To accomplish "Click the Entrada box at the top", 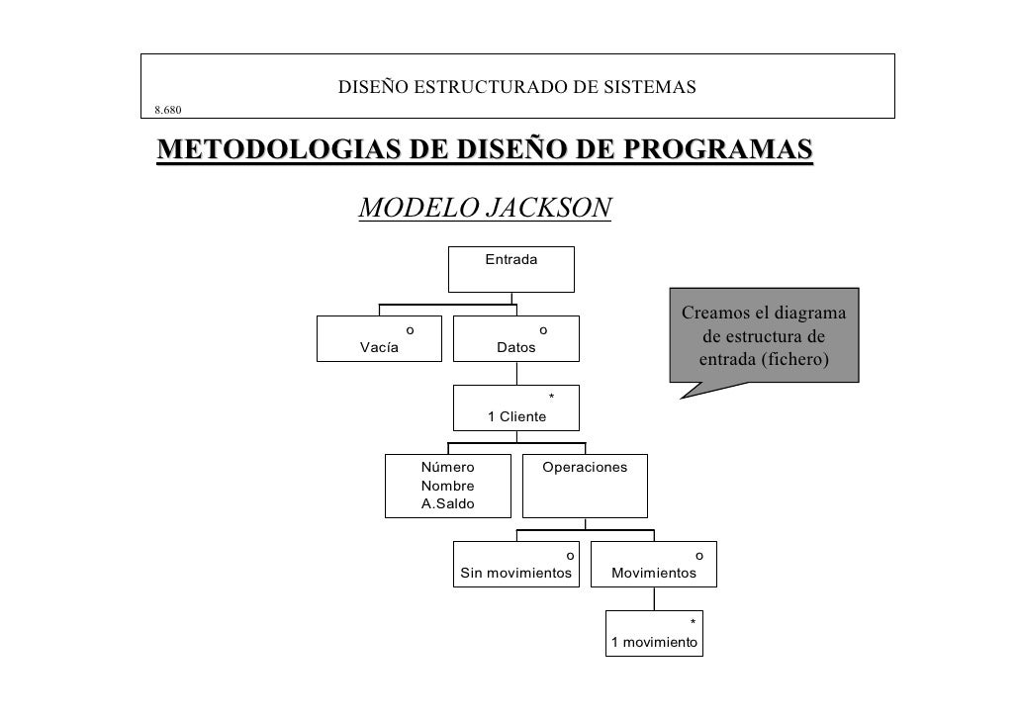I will (510, 268).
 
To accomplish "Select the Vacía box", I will (379, 339).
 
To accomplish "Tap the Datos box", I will (515, 339).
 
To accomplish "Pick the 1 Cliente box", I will (515, 407).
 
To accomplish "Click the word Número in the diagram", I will (447, 467).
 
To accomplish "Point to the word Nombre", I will (447, 486).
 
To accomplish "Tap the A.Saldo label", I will (447, 504).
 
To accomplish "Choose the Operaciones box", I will (585, 485).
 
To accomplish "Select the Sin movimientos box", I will (516, 565).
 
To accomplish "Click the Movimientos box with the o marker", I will (653, 565).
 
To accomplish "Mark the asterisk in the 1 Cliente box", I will (551, 398).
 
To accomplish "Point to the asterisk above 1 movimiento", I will (693, 622).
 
